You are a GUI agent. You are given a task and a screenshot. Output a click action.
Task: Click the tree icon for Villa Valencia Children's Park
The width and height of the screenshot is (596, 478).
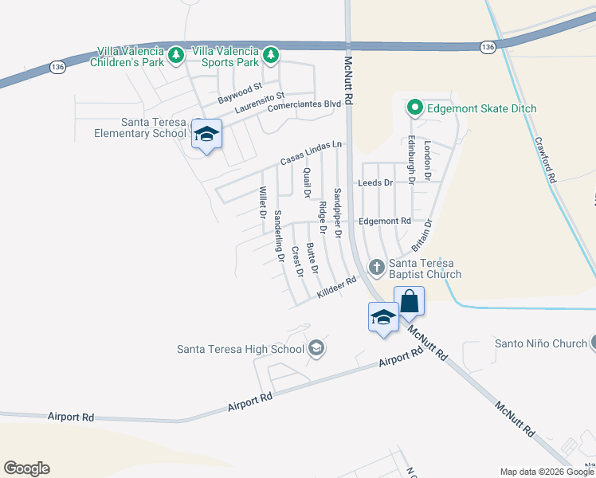177,55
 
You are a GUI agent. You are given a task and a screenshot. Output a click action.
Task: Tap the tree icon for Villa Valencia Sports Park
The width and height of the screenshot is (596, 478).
271,55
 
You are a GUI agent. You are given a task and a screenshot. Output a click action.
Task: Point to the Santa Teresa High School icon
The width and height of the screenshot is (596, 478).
316,348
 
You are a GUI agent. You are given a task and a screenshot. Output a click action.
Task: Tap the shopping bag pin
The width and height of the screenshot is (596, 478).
409,302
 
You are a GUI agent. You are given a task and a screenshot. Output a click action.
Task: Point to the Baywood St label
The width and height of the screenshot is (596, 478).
240,93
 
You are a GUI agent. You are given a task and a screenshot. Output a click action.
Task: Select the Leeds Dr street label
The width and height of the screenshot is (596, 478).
376,182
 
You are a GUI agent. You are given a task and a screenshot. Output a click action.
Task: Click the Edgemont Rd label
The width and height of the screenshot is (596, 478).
384,221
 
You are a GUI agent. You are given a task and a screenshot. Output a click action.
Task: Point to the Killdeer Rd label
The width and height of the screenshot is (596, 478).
335,288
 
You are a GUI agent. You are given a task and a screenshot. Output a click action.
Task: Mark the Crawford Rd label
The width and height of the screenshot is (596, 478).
544,160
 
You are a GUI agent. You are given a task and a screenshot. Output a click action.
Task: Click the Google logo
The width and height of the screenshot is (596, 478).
26,468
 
